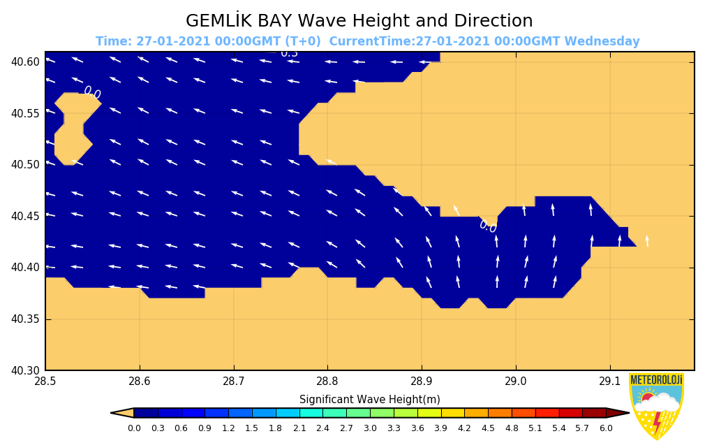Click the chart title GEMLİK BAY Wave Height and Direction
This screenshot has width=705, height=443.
click(359, 21)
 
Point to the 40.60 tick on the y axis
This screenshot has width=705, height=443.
click(25, 62)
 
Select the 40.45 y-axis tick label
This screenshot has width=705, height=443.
click(25, 217)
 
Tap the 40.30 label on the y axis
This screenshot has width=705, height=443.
click(25, 370)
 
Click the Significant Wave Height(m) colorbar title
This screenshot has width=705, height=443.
click(369, 400)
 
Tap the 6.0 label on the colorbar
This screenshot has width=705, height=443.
click(606, 428)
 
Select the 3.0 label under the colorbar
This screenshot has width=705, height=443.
click(370, 428)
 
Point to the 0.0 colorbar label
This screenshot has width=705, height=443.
click(134, 428)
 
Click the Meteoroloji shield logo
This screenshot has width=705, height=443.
click(656, 405)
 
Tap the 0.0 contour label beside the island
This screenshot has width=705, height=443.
click(92, 92)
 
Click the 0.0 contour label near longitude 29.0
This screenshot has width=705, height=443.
click(488, 226)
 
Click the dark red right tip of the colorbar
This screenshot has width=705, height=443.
click(618, 413)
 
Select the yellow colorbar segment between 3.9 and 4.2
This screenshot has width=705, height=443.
click(452, 413)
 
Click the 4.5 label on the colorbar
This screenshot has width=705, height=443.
click(488, 428)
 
